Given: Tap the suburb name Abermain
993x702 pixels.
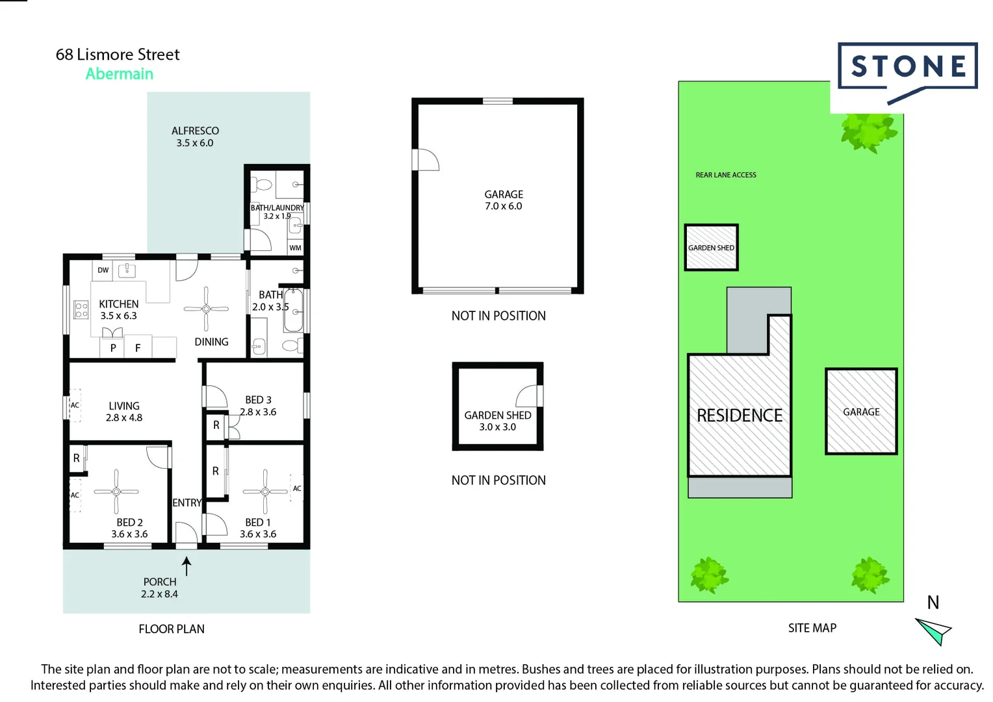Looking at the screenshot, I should click(120, 74).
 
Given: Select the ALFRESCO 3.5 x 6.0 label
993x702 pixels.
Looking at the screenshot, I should click(195, 136).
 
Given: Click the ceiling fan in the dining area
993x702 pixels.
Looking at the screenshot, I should click(206, 309).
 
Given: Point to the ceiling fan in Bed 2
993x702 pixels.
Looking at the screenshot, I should click(116, 491).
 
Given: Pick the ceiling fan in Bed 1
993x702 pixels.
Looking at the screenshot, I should click(265, 491).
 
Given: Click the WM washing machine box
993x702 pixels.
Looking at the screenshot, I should click(296, 248).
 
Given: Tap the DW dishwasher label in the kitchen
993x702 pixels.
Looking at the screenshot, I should click(103, 270).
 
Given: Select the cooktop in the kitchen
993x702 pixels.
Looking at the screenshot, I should click(81, 310).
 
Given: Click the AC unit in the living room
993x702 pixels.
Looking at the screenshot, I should click(75, 405).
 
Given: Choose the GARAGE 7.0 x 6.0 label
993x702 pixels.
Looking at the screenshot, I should click(503, 200).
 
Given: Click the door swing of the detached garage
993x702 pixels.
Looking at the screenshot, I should click(427, 160).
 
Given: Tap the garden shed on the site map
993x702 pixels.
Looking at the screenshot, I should click(711, 248).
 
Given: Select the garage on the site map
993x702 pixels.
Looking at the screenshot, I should click(861, 411).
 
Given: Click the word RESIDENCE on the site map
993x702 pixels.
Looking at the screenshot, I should click(740, 415).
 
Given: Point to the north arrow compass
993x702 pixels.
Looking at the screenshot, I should click(934, 630).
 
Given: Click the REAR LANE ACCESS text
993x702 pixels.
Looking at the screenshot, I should click(726, 175).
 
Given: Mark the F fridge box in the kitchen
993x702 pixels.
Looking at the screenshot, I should click(138, 348).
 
